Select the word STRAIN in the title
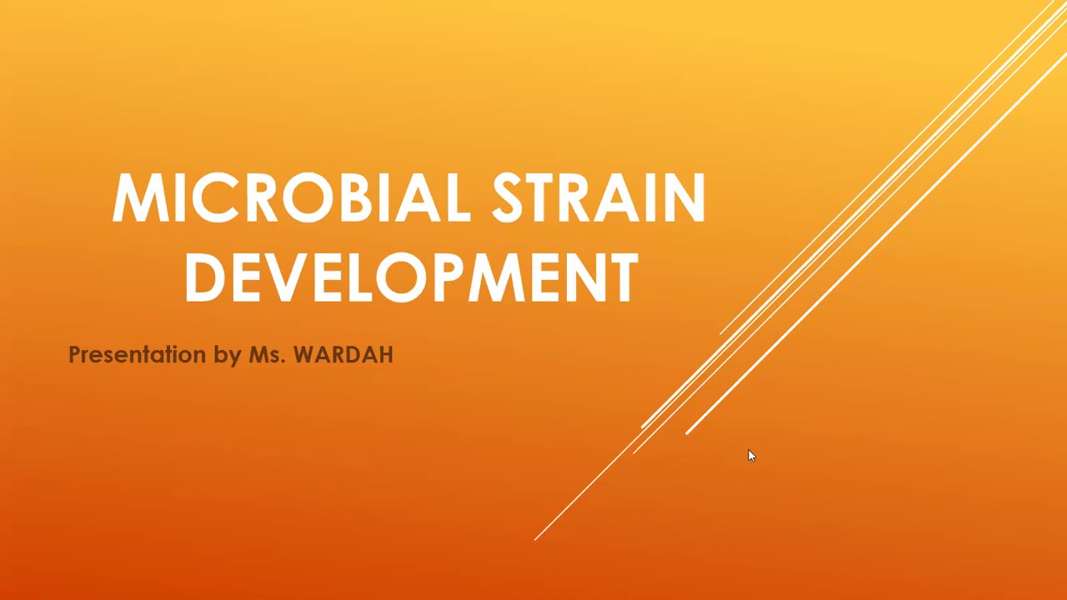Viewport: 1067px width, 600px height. pos(599,198)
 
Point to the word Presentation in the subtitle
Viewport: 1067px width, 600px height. pos(137,355)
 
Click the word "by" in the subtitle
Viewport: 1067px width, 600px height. pos(227,356)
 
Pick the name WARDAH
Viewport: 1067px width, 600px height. pos(343,355)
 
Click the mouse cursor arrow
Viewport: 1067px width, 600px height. pos(751,455)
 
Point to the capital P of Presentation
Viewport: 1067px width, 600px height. pos(73,355)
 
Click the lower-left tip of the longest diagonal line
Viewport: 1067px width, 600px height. pos(535,539)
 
